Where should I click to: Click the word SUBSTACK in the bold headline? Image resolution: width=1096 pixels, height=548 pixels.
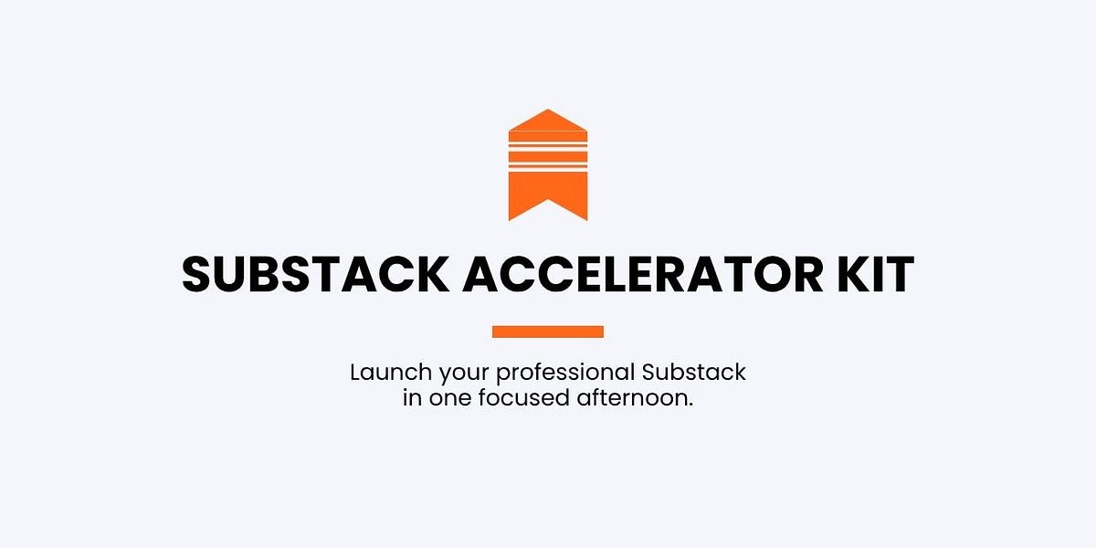coord(314,273)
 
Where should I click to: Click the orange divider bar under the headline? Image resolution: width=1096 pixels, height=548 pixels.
coord(548,332)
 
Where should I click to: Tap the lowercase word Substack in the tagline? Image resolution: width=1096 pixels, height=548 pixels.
coord(693,373)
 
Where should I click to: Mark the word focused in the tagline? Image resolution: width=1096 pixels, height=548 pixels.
coord(521,399)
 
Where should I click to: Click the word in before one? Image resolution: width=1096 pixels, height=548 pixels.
coord(411,399)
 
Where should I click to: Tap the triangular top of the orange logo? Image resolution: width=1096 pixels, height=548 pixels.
coord(548,120)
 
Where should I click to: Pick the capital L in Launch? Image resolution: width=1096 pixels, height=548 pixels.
coord(355,373)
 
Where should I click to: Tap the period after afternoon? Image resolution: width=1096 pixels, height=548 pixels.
coord(691,406)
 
